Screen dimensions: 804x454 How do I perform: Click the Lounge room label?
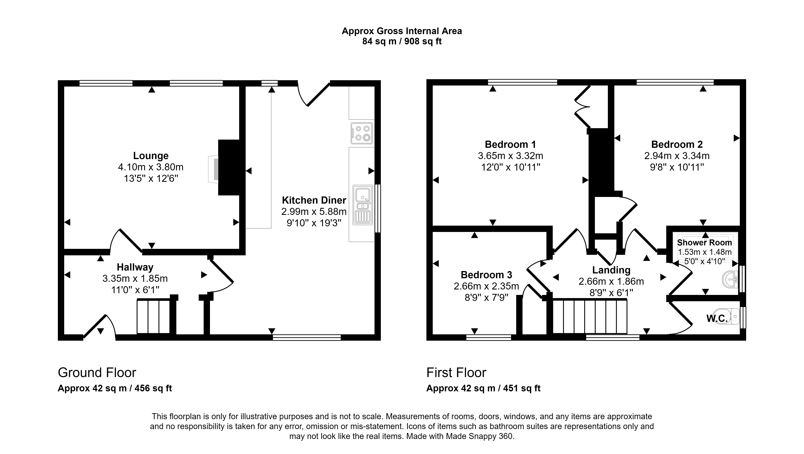tap(151, 156)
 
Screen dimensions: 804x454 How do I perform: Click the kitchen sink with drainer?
tap(363, 205)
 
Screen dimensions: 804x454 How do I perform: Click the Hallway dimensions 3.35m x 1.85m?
tap(135, 278)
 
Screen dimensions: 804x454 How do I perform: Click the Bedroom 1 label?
tap(510, 144)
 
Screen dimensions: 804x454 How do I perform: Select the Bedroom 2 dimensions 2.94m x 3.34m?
tap(677, 156)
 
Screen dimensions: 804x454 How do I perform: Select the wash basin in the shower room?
tap(730, 279)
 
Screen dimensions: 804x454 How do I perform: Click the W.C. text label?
tap(717, 319)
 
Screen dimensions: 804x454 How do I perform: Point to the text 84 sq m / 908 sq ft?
tap(402, 41)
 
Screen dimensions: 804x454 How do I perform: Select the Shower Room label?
tap(704, 242)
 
